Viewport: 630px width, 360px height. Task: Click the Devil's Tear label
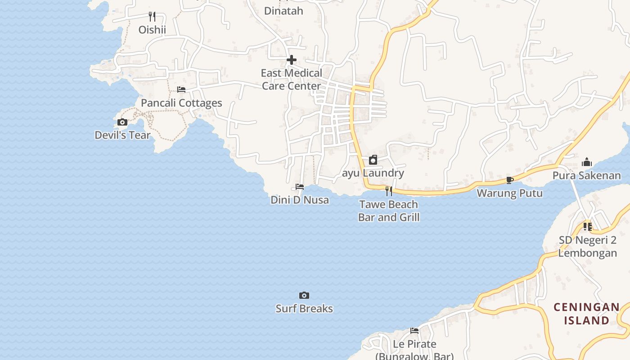[x=122, y=135]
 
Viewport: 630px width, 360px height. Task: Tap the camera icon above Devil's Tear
[x=122, y=122]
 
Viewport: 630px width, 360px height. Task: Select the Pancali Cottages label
[x=181, y=103]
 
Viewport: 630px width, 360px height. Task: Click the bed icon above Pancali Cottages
[x=181, y=90]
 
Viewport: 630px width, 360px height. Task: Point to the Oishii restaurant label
[x=152, y=30]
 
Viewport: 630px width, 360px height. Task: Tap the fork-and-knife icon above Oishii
[x=152, y=17]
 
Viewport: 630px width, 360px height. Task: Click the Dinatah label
[x=283, y=11]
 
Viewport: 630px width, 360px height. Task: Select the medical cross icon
[x=292, y=60]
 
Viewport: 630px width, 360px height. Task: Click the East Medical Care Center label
[x=292, y=79]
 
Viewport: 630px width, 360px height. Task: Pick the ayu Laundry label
[x=373, y=173]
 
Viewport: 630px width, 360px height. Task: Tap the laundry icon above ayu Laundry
[x=373, y=160]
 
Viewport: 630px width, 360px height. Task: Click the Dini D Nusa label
[x=300, y=200]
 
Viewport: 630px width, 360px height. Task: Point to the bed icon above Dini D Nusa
[x=300, y=187]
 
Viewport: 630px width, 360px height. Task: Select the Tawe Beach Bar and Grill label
[x=389, y=211]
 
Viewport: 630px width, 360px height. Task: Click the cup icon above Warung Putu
[x=510, y=180]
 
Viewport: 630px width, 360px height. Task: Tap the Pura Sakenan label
[x=587, y=175]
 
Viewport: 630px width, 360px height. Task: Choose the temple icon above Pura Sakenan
[x=587, y=162]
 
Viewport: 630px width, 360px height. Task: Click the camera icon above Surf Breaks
[x=304, y=296]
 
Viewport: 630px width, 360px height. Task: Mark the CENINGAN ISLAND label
[x=586, y=314]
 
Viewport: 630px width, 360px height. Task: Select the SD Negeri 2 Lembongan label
[x=588, y=246]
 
